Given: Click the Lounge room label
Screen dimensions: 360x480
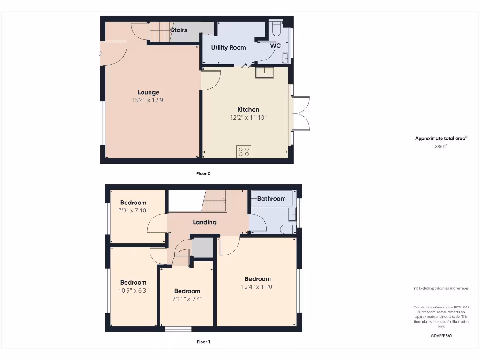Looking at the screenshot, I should pos(149,92).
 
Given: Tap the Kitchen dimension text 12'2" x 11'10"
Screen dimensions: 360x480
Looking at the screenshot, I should pos(248,118).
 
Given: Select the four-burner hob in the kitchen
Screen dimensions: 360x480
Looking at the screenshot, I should pos(244,151).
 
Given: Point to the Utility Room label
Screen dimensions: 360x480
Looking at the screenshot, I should pos(228,47).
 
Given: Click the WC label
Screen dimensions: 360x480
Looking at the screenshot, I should pos(276,45).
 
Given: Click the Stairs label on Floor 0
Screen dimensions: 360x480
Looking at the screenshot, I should pos(179,30).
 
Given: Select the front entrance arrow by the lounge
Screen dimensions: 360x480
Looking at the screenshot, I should pos(100,53).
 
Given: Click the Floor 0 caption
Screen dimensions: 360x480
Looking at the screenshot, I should pos(203,173).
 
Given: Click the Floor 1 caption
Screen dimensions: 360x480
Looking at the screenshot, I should pos(203,342).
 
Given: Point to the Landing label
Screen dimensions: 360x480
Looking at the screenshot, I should pos(205,222).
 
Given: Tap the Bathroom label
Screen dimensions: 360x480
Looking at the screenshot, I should pos(271,199).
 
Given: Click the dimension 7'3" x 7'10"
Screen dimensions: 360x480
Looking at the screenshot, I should pos(134,210).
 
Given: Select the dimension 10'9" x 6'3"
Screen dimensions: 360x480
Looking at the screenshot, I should pos(133,291).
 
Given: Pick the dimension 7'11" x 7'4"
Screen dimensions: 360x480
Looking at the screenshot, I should pos(187,299).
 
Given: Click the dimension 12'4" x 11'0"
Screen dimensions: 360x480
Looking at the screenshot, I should pos(258,286).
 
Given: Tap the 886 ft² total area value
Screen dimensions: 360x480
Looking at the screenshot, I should pos(442,146).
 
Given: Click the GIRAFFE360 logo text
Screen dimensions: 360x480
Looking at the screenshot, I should pos(441,336).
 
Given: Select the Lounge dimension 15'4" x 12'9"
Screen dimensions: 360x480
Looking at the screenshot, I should pos(149,100).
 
